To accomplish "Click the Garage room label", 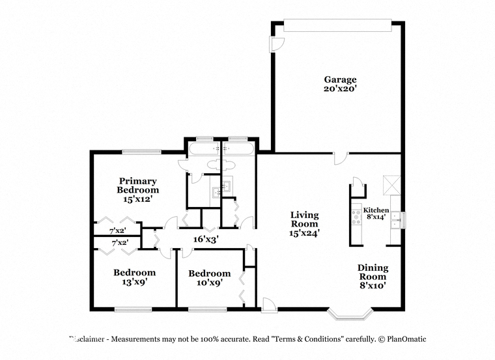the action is click(340, 79).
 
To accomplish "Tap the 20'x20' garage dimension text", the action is click(340, 89).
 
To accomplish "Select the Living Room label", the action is click(305, 219).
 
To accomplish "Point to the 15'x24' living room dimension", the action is click(305, 233).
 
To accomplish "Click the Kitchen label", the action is click(376, 210).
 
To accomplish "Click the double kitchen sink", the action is click(395, 220).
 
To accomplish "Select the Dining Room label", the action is click(373, 272).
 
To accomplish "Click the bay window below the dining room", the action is click(350, 314).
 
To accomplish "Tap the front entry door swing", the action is click(269, 305).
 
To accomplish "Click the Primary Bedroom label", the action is click(137, 185).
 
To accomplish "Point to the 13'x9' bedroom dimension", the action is click(135, 281).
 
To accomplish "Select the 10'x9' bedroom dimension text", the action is click(210, 283).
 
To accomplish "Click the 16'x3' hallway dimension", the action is click(206, 239).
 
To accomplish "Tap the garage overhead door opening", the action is click(337, 25).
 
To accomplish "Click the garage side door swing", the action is click(277, 44).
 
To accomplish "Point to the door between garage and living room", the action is click(341, 158).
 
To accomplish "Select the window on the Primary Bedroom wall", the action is click(142, 152).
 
